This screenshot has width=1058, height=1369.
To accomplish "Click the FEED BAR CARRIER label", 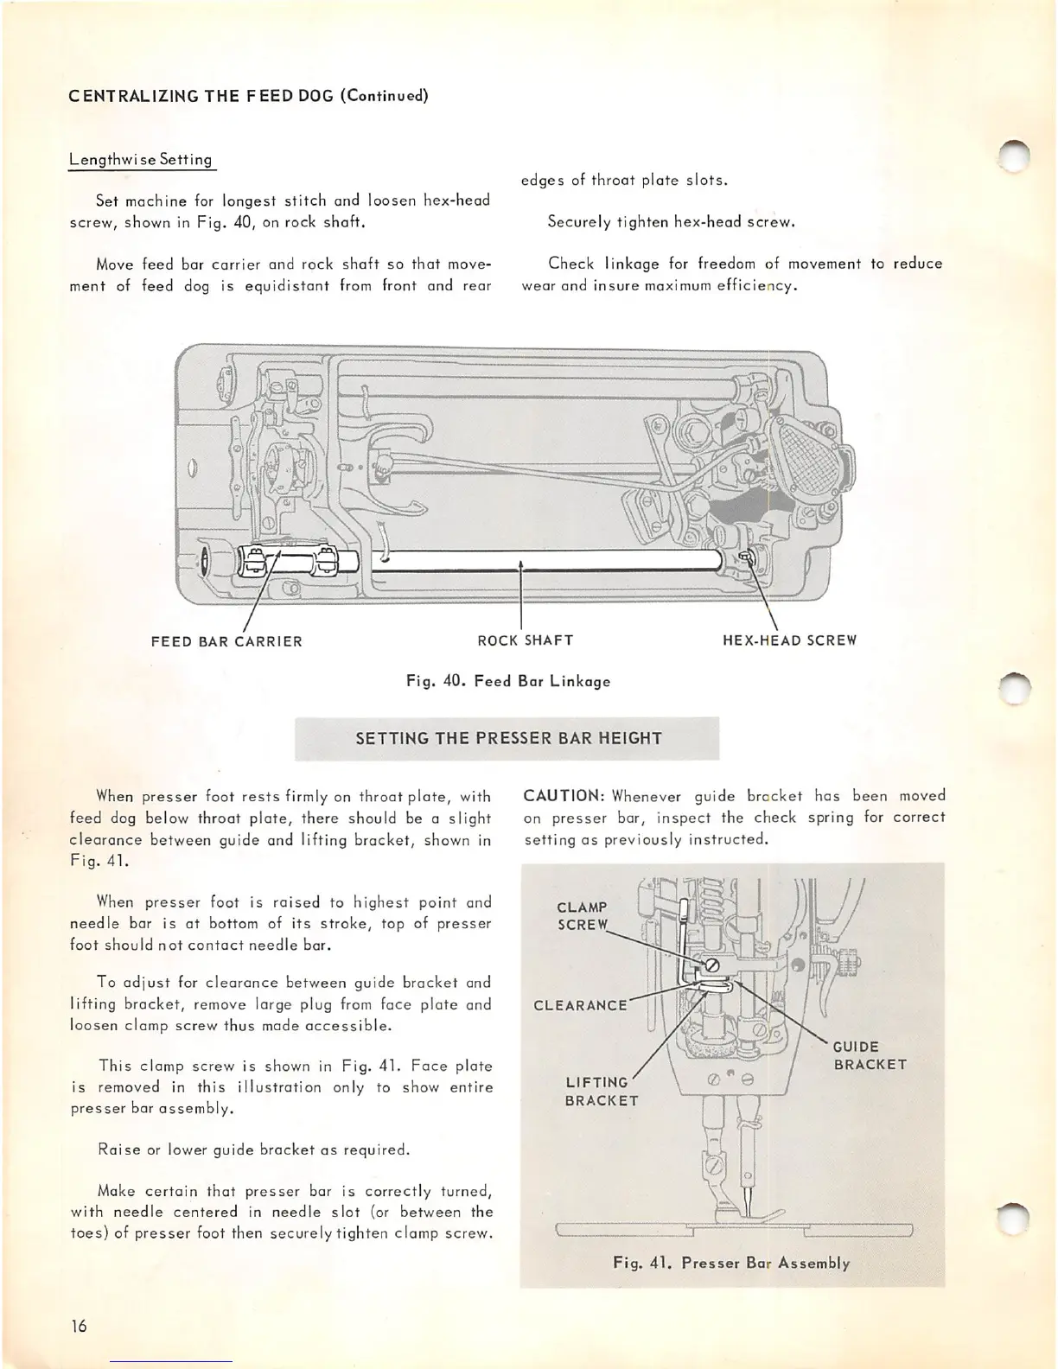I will point(226,641).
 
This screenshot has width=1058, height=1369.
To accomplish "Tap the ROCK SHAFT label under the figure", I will point(525,640).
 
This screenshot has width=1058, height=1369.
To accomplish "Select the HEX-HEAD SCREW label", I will point(789,640).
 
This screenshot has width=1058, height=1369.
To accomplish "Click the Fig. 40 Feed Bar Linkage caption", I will point(508,681).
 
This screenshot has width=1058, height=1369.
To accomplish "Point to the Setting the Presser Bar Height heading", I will point(508,738).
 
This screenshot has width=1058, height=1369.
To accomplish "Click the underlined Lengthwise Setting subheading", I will point(140,160).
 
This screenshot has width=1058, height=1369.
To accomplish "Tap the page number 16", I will point(79,1327).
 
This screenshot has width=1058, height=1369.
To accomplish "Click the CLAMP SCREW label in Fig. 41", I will point(583,916).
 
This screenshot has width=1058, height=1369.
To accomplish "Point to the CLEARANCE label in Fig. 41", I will point(580,1005).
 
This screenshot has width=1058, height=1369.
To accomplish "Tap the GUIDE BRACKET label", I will point(870,1055).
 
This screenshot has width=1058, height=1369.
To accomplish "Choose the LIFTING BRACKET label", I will point(602,1092).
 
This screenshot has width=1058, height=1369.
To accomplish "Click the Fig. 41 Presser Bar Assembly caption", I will point(731,1263).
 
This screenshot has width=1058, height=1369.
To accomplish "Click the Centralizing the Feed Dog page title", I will point(249,95).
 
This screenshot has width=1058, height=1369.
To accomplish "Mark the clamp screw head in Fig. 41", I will point(712,965).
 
